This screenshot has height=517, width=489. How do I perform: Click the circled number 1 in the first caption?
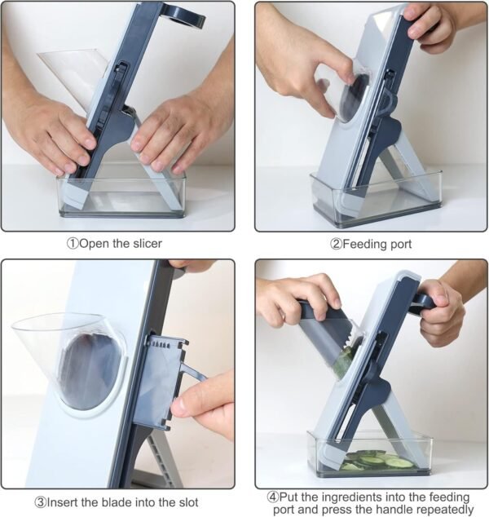click(73, 244)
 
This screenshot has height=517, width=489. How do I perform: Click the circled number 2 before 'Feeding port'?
click(336, 245)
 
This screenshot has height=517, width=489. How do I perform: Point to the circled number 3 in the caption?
click(41, 502)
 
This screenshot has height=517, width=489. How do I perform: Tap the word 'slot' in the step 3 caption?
click(188, 502)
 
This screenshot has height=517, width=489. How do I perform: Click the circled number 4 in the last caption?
click(273, 497)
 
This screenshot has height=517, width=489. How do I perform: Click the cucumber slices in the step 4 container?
click(377, 460)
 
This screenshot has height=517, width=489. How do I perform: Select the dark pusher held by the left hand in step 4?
click(326, 333)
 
